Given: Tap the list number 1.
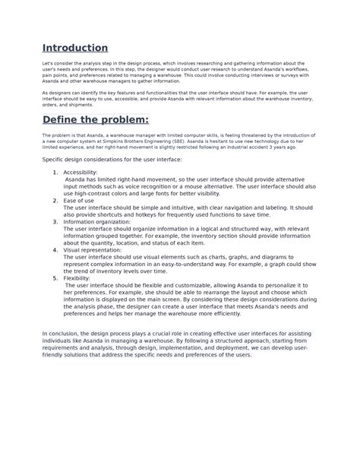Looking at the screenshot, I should [x=55, y=173].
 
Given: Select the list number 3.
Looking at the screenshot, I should [x=55, y=221].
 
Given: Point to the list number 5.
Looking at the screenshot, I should [x=55, y=278].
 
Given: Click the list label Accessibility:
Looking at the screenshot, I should [x=81, y=173].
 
